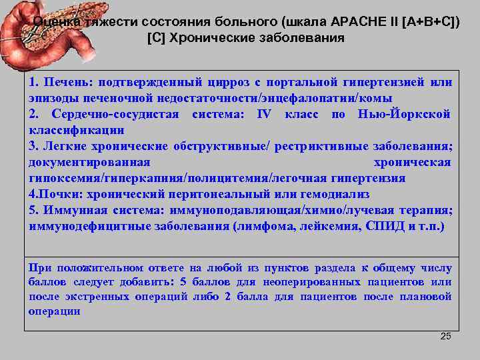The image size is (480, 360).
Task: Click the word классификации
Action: (77, 130)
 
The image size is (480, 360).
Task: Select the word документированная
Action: (89, 162)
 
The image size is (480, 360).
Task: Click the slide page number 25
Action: (446, 336)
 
